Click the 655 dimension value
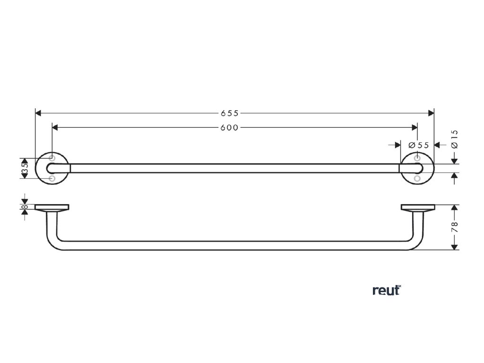[x=230, y=113]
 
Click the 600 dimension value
[x=230, y=128]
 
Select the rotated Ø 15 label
[x=454, y=139]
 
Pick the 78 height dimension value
[x=455, y=227]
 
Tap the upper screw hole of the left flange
[x=52, y=158]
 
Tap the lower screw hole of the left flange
[x=52, y=179]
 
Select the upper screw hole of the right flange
[x=417, y=158]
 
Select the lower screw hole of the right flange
[x=417, y=179]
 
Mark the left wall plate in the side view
[x=52, y=207]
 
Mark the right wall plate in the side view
[x=417, y=207]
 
